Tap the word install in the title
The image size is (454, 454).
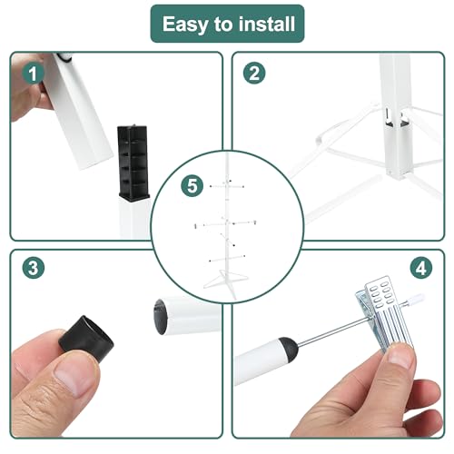pos(267,24)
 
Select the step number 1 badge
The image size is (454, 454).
pos(33,74)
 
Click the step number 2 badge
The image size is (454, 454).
pos(254,74)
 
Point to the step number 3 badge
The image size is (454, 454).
pos(34,268)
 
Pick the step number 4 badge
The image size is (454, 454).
pos(421,268)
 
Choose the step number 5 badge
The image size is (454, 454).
pos(192,185)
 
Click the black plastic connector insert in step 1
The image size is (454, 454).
pos(133,163)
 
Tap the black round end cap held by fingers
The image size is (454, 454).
pos(86,338)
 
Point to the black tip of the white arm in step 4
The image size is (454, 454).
pos(289,350)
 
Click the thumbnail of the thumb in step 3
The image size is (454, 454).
pos(74,380)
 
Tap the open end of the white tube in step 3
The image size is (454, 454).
pos(161,316)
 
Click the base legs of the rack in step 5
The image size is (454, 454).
pos(225,281)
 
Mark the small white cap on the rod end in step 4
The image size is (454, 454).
pos(419,297)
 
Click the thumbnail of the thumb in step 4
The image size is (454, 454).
pos(400,357)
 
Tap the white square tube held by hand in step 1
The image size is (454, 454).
pos(79,112)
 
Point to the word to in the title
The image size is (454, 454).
pos(223,25)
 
